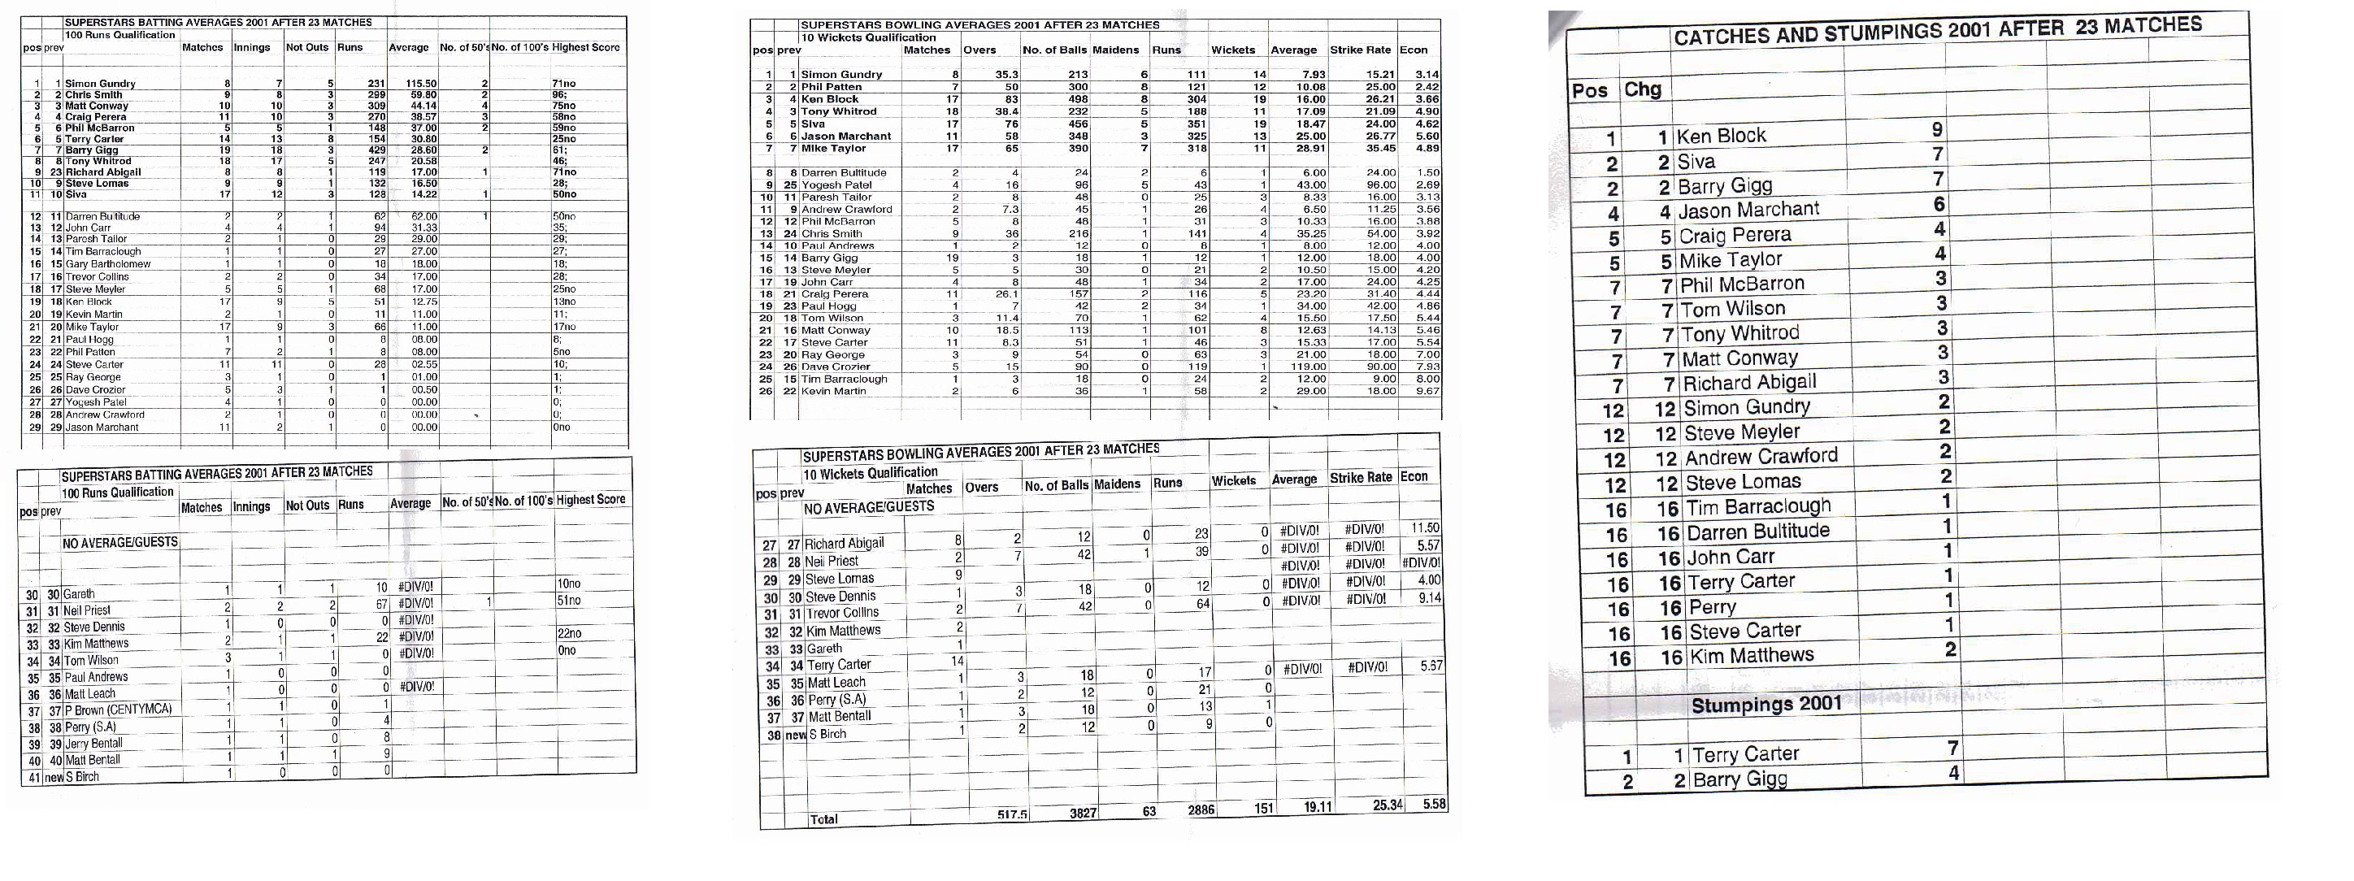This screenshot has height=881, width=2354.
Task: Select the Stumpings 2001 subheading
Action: click(x=1765, y=705)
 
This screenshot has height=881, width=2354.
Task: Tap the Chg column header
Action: click(x=1642, y=89)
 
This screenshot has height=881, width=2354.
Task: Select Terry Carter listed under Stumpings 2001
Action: click(x=1744, y=754)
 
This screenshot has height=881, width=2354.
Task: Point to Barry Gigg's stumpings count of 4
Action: click(x=1952, y=773)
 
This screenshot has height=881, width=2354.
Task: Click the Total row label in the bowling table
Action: click(x=823, y=819)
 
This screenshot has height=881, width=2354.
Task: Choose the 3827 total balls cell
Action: click(x=1083, y=813)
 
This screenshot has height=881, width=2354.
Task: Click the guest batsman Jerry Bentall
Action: click(x=93, y=743)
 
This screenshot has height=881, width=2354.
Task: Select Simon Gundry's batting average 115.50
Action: click(x=421, y=83)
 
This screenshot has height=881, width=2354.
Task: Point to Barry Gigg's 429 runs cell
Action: click(x=375, y=150)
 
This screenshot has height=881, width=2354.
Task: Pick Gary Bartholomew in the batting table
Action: click(x=107, y=264)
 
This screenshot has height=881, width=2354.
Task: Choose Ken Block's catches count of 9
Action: click(x=1937, y=130)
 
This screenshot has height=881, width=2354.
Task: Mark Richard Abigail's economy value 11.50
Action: click(x=1425, y=528)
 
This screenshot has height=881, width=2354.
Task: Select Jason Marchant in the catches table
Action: click(x=1748, y=210)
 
